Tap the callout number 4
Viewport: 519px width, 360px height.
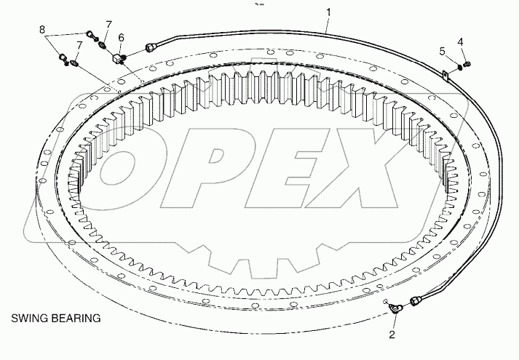pyautogui.click(x=459, y=41)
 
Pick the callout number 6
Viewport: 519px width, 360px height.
pyautogui.click(x=121, y=37)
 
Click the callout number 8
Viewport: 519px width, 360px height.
pyautogui.click(x=43, y=31)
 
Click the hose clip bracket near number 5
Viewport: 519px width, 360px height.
pyautogui.click(x=445, y=72)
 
